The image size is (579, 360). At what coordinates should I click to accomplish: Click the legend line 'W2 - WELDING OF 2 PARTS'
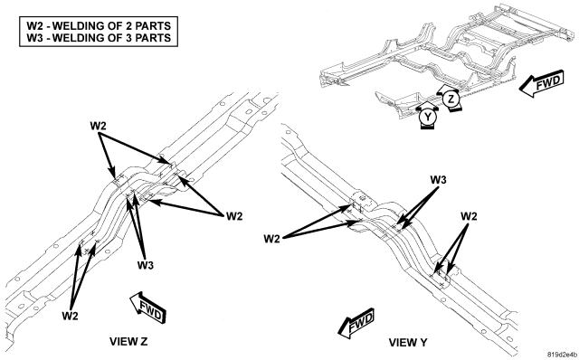[x=99, y=26]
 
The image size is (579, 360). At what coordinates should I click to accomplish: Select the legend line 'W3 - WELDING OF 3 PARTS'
[x=99, y=38]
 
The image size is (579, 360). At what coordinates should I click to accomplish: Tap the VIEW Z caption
[x=128, y=341]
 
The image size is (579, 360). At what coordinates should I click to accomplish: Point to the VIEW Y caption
[x=408, y=342]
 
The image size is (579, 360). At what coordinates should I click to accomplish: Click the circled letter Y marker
[x=427, y=117]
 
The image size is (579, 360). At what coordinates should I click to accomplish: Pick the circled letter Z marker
[x=451, y=99]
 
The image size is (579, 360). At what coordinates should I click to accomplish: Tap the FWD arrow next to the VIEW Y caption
[x=356, y=323]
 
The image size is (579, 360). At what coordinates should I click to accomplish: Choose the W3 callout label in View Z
[x=146, y=265]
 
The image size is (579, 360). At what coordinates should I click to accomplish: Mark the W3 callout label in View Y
[x=438, y=180]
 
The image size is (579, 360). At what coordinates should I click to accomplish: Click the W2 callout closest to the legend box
[x=99, y=126]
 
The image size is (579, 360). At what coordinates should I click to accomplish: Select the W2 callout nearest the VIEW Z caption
[x=70, y=316]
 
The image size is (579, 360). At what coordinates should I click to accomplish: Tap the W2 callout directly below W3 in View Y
[x=469, y=216]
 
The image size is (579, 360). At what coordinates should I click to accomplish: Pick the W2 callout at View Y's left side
[x=271, y=239]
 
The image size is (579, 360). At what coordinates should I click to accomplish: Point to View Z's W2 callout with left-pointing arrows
[x=234, y=216]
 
